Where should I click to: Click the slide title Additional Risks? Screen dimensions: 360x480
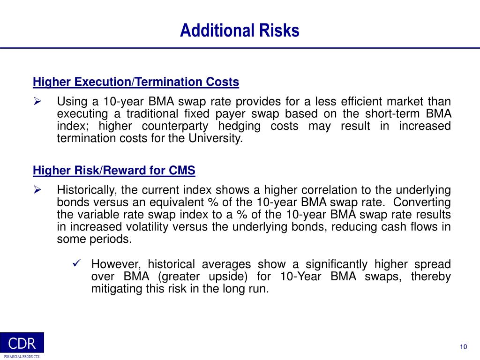[x=240, y=30]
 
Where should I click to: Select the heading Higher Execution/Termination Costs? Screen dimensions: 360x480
[x=136, y=82]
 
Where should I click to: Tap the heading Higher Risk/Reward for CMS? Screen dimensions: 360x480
[x=114, y=171]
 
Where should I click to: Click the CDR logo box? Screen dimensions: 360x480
[x=22, y=343]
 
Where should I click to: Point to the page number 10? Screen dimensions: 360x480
[x=463, y=346]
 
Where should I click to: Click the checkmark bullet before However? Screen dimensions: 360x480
[x=78, y=263]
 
